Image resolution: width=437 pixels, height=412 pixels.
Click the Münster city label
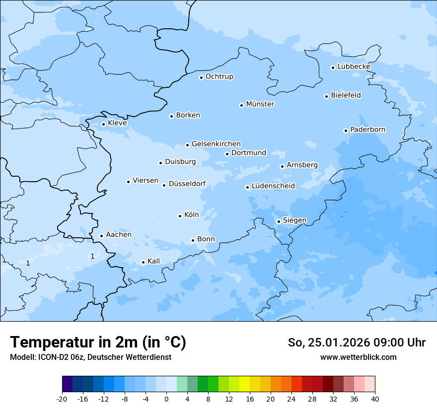point(260,104)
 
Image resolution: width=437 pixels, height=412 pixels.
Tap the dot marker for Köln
point(180,216)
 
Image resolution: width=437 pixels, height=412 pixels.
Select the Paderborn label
point(368,130)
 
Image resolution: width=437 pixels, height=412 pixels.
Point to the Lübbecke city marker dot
point(333,68)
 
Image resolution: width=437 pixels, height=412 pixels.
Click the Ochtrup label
point(219,76)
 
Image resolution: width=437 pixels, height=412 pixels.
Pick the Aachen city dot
point(101,236)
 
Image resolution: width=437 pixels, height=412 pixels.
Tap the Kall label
point(154,261)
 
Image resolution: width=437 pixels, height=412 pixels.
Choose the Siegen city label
point(294,220)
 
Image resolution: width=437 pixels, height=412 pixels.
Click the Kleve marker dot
point(103,125)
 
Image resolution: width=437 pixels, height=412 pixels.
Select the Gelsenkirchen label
point(216,144)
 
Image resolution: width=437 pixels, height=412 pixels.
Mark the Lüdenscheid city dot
point(247,188)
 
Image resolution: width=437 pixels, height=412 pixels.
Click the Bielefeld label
point(346,95)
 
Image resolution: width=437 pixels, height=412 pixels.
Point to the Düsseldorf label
point(187,184)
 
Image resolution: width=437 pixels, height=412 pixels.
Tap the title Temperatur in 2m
point(98,343)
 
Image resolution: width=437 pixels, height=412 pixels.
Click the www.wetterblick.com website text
point(358,357)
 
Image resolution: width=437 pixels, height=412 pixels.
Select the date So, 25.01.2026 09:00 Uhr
point(357,343)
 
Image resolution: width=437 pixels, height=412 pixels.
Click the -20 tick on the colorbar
point(62,399)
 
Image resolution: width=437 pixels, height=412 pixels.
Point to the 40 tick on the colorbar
point(375,399)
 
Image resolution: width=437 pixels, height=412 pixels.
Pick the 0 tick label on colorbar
point(166,399)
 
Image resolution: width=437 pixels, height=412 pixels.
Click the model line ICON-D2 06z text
point(90,357)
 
